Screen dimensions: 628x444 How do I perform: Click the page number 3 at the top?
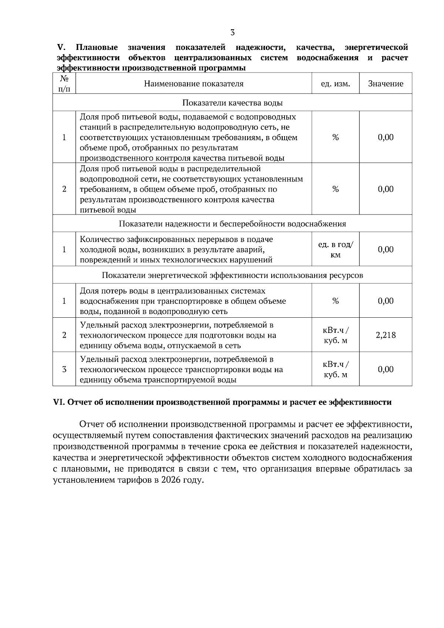232,33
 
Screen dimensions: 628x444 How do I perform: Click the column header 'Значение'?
386,84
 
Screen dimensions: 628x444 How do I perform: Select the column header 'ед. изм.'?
335,84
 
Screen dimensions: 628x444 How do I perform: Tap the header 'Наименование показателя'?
194,84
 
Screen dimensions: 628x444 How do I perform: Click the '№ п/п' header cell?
64,84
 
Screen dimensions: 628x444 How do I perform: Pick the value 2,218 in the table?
386,335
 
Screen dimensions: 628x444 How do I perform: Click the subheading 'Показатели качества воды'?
232,102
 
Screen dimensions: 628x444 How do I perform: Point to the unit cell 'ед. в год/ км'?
335,250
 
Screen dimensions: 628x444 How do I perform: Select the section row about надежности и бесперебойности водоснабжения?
232,224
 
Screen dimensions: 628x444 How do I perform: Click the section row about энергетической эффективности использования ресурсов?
232,275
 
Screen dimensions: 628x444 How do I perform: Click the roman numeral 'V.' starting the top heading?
61,47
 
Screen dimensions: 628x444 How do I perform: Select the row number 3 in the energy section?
64,369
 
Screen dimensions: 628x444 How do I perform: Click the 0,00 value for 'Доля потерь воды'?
386,301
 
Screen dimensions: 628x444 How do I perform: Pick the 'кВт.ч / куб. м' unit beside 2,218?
335,335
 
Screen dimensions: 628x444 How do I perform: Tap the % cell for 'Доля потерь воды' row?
335,301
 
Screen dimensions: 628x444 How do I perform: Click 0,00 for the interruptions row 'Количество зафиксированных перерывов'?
386,250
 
